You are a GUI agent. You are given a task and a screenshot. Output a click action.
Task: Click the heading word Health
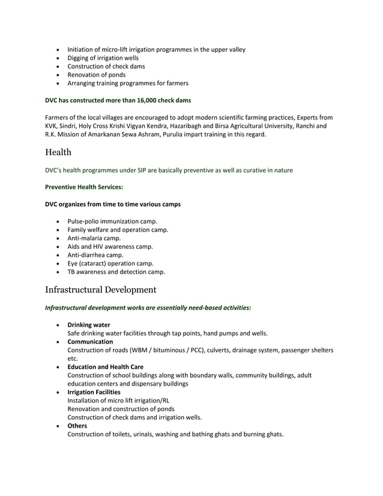58,153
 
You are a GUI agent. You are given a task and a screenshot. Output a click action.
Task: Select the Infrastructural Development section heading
101,290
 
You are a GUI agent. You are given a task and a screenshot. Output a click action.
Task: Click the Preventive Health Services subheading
84,187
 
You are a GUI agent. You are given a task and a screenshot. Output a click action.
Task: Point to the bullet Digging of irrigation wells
103,58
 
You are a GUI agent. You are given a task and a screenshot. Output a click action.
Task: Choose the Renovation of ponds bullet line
96,74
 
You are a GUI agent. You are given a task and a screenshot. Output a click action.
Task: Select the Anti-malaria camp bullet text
94,238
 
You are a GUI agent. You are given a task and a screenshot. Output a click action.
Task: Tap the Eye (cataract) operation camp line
110,263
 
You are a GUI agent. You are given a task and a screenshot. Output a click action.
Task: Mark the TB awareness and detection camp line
116,271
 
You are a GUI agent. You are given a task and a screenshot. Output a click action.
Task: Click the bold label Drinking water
88,325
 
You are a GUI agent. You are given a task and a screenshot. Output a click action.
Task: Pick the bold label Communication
90,342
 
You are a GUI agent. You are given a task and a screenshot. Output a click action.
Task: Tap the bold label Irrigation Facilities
94,392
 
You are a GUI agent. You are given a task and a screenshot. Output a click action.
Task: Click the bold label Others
77,426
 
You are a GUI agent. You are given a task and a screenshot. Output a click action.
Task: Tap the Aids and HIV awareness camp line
110,246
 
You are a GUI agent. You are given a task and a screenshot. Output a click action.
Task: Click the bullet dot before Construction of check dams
58,66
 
